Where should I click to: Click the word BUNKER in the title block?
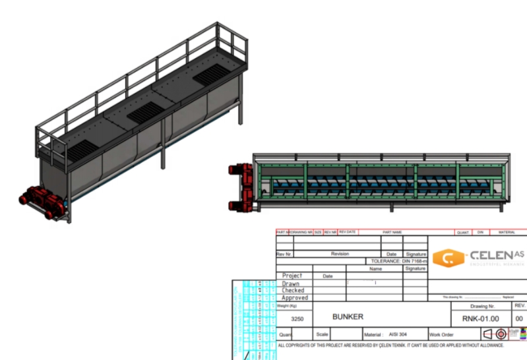tap(348, 317)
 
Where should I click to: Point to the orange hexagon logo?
tap(448, 258)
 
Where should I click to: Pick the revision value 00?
tap(520, 318)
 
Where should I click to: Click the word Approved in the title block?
tap(295, 297)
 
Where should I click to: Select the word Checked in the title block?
tap(294, 290)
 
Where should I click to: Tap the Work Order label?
tap(441, 335)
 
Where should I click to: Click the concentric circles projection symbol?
tap(501, 334)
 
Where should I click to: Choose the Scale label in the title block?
tap(322, 334)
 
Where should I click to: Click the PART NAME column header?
tap(392, 232)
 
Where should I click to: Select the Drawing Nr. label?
tap(482, 306)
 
